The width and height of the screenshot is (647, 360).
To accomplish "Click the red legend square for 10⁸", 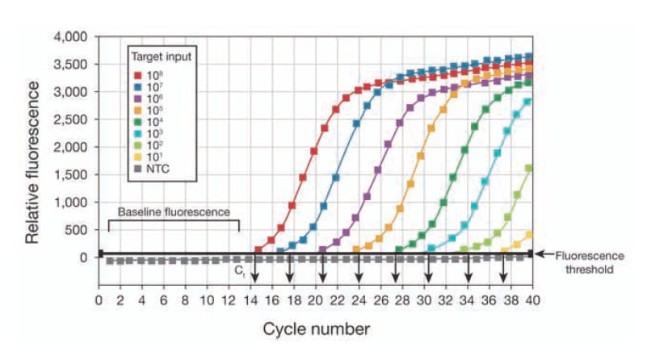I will [137, 74].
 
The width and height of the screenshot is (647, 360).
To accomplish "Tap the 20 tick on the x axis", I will [316, 300].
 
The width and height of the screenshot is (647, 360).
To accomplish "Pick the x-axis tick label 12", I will [229, 300].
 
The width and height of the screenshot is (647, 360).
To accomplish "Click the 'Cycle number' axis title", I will [315, 329].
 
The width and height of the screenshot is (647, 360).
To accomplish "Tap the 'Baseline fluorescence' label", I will [174, 211].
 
